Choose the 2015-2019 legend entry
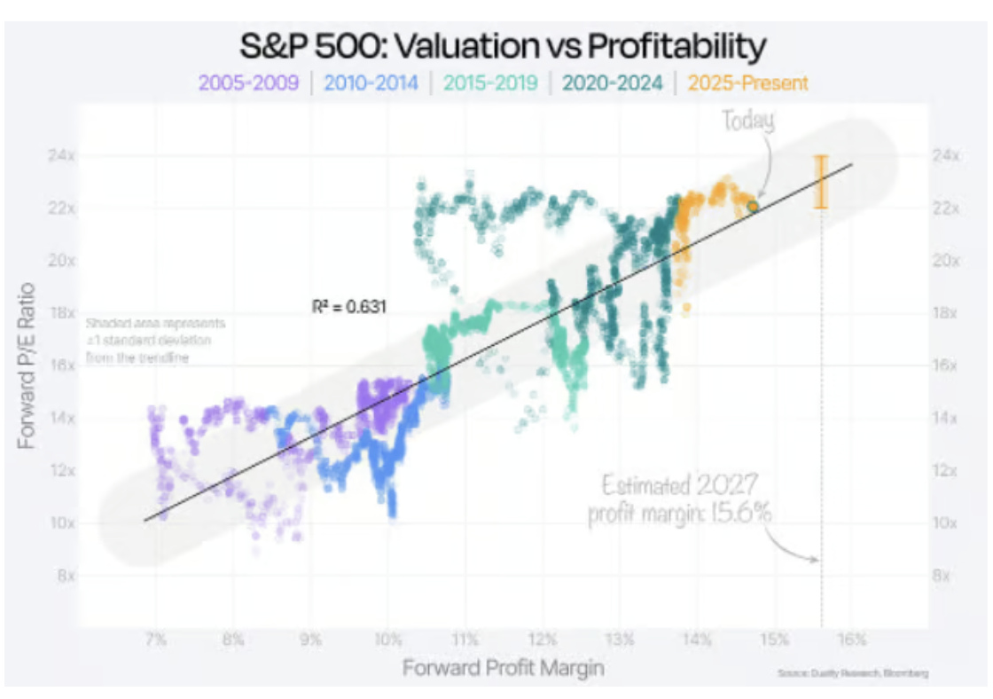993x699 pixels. coord(489,83)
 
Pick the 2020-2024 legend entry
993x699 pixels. coord(612,83)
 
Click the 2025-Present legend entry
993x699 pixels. coord(747,83)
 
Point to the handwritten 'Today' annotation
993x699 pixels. coord(748,121)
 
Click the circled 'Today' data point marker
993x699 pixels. coord(753,206)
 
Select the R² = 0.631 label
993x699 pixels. coord(348,309)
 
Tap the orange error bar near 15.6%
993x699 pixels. coord(821,183)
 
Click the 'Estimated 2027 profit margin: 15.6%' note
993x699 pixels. coord(674,500)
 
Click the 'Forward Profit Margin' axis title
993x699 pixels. coord(504,668)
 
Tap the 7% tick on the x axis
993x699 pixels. coord(156,639)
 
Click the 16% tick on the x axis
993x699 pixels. coord(851,639)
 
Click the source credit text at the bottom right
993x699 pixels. coord(853,674)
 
